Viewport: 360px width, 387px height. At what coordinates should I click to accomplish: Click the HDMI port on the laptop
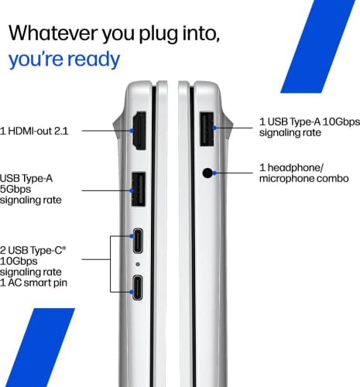139,131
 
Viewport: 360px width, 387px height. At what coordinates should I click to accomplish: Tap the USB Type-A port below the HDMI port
139,189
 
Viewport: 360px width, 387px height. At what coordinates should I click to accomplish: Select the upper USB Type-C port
138,241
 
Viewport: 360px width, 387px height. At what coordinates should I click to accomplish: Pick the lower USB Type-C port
138,287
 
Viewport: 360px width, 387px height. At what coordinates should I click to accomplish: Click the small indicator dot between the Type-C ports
138,264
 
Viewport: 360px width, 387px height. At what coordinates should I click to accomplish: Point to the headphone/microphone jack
207,173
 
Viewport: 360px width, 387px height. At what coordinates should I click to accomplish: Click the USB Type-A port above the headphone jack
207,129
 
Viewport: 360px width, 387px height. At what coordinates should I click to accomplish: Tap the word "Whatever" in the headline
53,33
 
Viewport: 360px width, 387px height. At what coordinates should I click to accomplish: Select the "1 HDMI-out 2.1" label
34,131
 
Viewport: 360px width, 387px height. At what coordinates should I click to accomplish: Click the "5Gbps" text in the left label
15,189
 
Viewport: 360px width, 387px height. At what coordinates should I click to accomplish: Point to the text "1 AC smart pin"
33,283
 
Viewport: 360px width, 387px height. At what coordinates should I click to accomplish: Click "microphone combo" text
304,178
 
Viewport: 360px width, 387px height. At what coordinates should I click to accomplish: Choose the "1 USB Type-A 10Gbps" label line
310,122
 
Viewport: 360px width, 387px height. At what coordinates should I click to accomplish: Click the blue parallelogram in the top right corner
318,46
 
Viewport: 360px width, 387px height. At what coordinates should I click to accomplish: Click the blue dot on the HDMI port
132,131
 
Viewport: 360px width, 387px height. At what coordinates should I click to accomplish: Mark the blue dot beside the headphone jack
214,173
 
